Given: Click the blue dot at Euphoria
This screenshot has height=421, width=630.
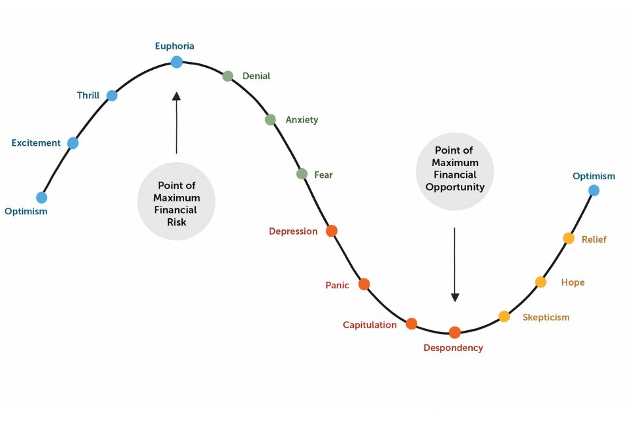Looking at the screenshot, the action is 176,62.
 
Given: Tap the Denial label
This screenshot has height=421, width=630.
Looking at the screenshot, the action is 257,76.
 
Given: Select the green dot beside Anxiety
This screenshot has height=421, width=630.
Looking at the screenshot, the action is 270,120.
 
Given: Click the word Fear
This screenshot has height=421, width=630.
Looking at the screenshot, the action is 323,175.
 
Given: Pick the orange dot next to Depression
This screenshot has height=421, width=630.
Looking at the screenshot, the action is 332,231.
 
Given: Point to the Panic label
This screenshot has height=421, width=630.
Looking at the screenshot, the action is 337,286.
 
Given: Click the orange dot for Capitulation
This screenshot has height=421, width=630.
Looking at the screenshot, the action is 411,324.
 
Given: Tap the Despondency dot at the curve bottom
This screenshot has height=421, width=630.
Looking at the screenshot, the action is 455,333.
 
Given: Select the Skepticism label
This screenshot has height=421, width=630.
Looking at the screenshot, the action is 546,318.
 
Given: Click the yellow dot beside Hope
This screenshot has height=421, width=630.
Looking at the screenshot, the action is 541,282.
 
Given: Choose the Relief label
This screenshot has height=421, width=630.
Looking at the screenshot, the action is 594,239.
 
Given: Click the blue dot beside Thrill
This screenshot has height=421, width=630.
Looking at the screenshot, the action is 112,96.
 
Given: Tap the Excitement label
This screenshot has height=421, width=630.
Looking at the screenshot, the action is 36,143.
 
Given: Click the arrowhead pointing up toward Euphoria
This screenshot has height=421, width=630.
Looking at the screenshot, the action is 176,96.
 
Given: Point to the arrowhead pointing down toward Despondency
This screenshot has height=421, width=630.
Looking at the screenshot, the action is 455,297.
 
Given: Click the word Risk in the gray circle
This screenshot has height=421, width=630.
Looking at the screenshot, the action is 177,222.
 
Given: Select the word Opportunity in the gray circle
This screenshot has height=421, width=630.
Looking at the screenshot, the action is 455,187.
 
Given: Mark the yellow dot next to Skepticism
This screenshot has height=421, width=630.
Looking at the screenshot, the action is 504,317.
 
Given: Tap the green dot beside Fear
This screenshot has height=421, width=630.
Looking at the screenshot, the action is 302,174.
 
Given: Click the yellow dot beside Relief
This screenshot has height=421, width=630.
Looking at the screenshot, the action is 569,238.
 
